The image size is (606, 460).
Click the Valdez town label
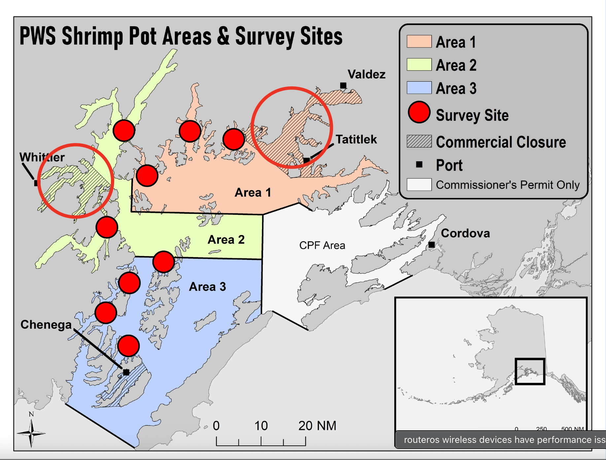pyautogui.click(x=366, y=74)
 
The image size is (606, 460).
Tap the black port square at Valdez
pyautogui.click(x=343, y=86)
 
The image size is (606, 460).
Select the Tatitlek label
pyautogui.click(x=356, y=139)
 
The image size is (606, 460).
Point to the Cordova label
pyautogui.click(x=465, y=233)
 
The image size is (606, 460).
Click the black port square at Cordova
pyautogui.click(x=431, y=244)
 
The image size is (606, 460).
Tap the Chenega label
pyautogui.click(x=46, y=325)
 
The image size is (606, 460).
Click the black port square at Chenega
pyautogui.click(x=126, y=372)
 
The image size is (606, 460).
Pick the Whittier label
pyautogui.click(x=42, y=157)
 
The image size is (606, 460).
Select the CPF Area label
pyautogui.click(x=322, y=245)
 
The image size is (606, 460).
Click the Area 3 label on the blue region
pyautogui.click(x=207, y=287)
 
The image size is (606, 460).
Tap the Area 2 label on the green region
pyautogui.click(x=226, y=240)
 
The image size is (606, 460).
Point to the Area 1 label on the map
pyautogui.click(x=252, y=192)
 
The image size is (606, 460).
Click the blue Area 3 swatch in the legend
pyautogui.click(x=419, y=88)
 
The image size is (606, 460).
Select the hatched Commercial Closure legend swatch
pyautogui.click(x=419, y=141)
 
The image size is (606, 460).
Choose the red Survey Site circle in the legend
pyautogui.click(x=419, y=112)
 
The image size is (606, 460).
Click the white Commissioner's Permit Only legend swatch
pyautogui.click(x=419, y=185)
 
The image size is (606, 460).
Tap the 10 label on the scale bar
pyautogui.click(x=261, y=426)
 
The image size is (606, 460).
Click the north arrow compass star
pyautogui.click(x=31, y=433)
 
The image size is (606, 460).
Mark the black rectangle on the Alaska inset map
pyautogui.click(x=530, y=371)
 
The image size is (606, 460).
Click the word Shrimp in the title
pyautogui.click(x=92, y=36)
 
